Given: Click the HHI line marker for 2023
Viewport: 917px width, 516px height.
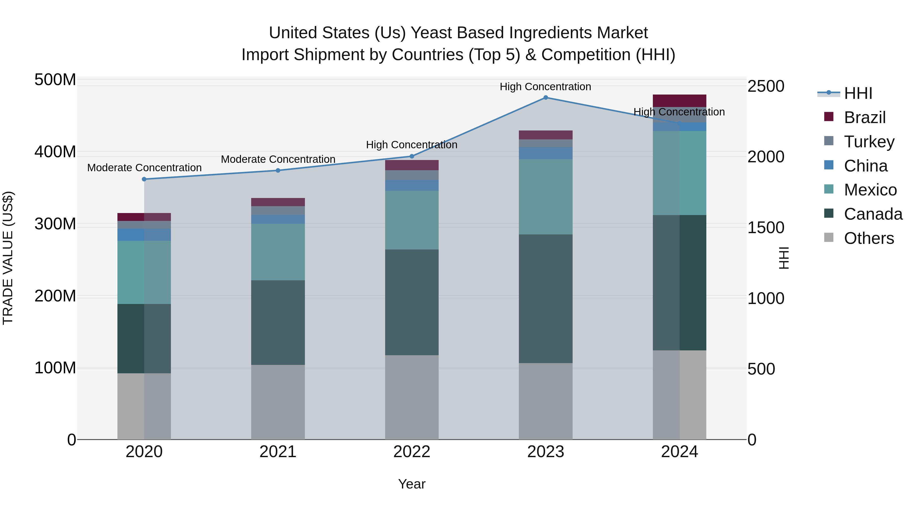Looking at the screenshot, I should click(x=545, y=98).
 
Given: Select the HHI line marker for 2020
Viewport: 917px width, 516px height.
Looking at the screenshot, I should click(x=144, y=179).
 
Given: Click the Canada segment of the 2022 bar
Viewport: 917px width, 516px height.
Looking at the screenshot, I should click(x=412, y=302).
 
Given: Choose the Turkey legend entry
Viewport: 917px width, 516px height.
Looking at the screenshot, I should click(x=869, y=142).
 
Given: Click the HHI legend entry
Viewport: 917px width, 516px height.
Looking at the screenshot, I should click(x=858, y=93).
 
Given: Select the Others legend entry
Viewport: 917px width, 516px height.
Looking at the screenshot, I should click(x=869, y=238).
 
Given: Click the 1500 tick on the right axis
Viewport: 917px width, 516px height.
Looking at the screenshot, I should click(x=766, y=228).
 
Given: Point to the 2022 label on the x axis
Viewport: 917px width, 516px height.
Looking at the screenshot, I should click(x=412, y=452).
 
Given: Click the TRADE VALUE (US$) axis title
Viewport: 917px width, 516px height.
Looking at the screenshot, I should click(x=8, y=258).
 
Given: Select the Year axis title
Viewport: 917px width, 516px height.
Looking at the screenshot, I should click(x=412, y=484).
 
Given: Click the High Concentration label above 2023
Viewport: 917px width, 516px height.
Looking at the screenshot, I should click(x=545, y=87).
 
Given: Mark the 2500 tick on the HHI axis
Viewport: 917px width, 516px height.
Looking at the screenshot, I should click(x=766, y=86).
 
